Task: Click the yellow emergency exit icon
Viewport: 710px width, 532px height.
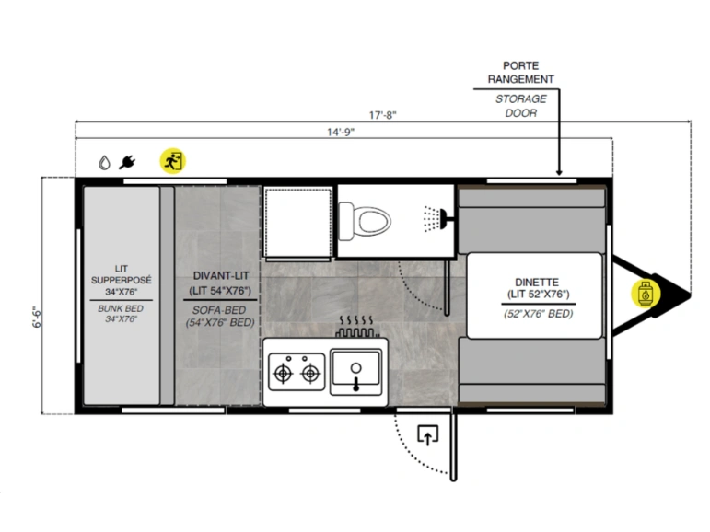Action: (x=172, y=161)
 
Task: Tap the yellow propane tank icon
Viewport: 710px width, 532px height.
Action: (x=646, y=294)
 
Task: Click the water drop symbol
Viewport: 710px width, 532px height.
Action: (x=105, y=162)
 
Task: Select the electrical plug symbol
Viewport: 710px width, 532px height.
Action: (x=127, y=162)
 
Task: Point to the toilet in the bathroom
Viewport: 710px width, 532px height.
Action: (x=365, y=222)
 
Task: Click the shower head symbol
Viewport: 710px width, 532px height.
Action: (x=436, y=219)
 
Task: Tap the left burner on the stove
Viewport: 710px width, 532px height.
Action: (x=283, y=373)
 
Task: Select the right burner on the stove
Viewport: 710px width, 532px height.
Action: (x=310, y=373)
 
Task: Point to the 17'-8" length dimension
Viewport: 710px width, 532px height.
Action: (x=382, y=115)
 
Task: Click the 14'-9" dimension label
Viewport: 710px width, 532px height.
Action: (x=341, y=132)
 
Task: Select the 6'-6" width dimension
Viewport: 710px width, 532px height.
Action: (x=37, y=317)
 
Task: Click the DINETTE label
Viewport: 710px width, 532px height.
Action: (x=537, y=282)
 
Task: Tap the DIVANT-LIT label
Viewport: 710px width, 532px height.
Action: (x=221, y=275)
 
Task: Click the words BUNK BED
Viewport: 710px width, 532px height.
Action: (x=121, y=308)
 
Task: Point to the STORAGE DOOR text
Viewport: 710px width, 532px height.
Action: (x=520, y=106)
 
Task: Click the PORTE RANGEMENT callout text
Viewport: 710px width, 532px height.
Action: (x=520, y=73)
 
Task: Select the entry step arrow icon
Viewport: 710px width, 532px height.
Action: (x=428, y=435)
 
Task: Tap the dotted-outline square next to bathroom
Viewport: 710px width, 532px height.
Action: (x=298, y=223)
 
